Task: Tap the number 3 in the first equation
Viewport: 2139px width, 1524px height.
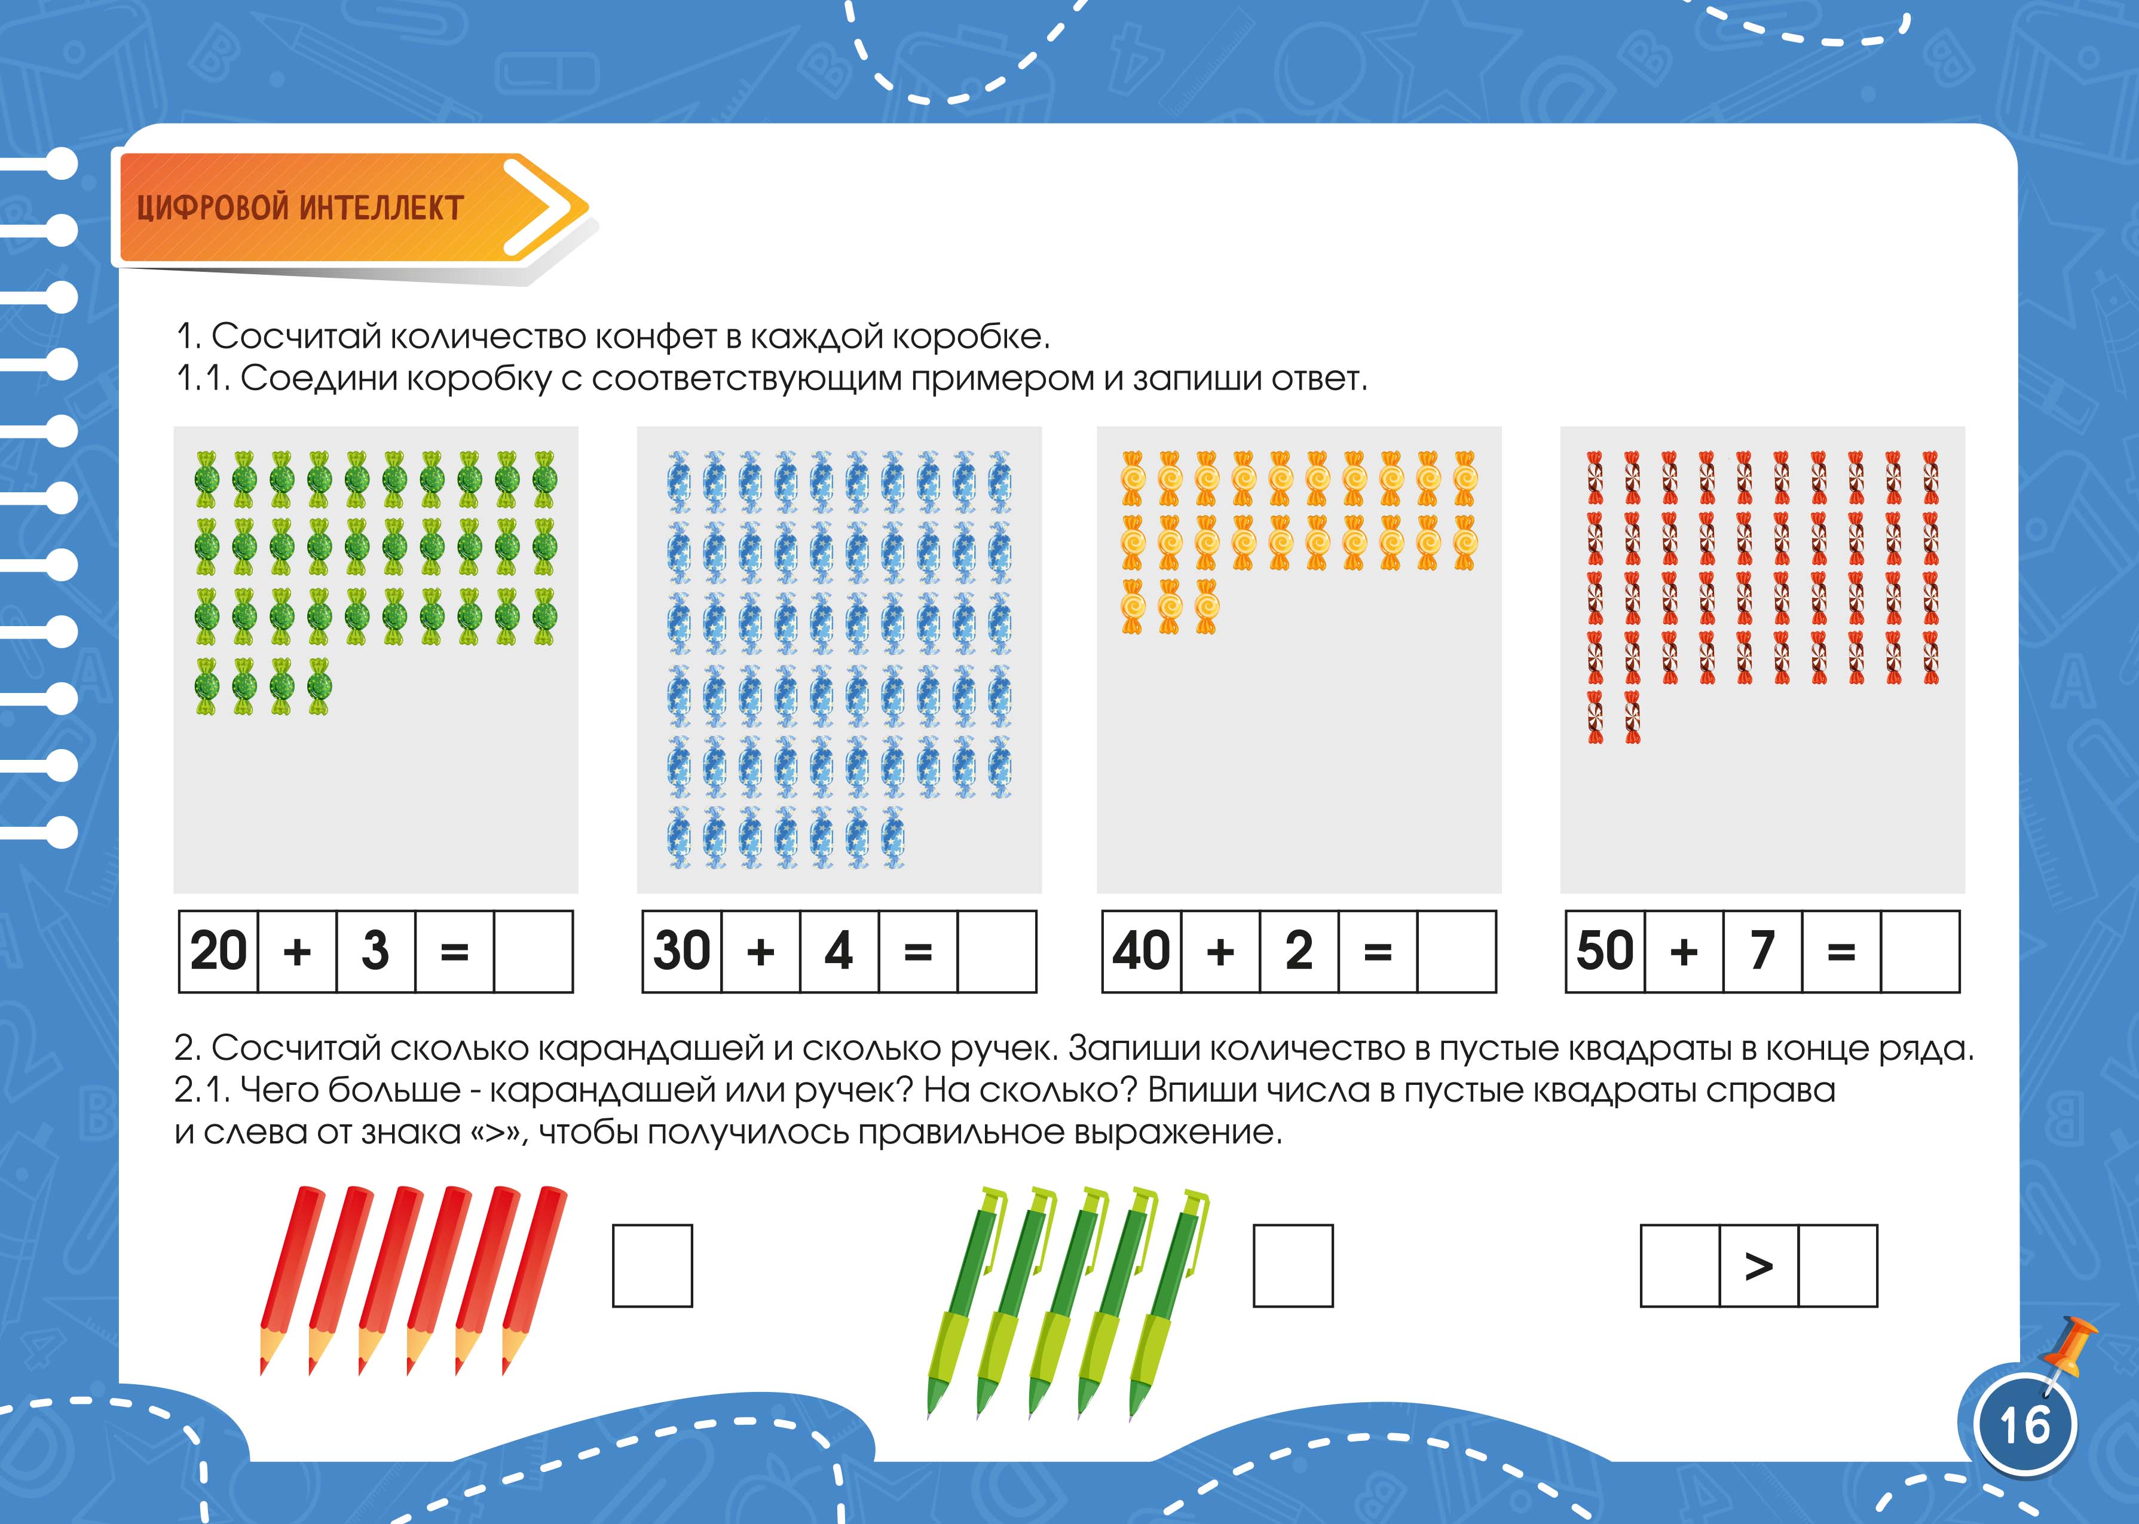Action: (375, 950)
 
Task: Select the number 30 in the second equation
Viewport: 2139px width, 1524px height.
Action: (683, 950)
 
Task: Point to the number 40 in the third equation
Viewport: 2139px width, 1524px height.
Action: (1142, 950)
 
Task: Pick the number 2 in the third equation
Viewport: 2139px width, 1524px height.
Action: (1299, 950)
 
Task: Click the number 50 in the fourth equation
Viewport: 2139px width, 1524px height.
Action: (1605, 950)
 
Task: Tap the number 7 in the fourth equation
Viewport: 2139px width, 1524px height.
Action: (1762, 950)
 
